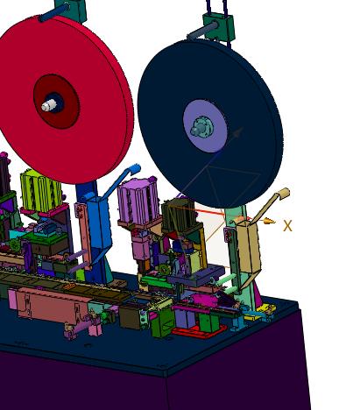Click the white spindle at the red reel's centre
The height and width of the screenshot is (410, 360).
pyautogui.click(x=48, y=105)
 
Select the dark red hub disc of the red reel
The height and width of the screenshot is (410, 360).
pyautogui.click(x=56, y=102)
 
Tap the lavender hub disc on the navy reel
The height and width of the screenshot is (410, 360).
pyautogui.click(x=205, y=126)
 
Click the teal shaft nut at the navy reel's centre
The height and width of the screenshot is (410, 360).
pyautogui.click(x=201, y=127)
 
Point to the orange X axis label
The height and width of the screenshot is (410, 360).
pyautogui.click(x=287, y=226)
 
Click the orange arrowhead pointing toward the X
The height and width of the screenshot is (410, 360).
pyautogui.click(x=269, y=221)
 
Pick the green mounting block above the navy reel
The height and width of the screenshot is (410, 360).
pyautogui.click(x=219, y=25)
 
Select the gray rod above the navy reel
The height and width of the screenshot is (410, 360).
pyautogui.click(x=202, y=31)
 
